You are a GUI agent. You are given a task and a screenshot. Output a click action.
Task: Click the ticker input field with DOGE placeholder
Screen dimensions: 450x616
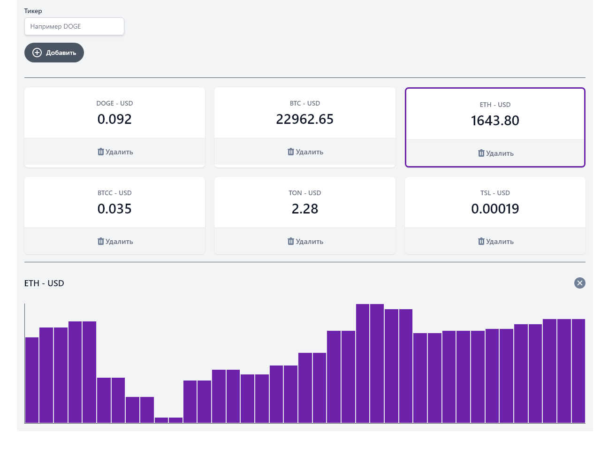74,26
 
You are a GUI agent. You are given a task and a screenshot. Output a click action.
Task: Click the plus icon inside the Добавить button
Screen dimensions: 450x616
37,53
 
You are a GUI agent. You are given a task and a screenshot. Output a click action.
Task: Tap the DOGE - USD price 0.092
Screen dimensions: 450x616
114,119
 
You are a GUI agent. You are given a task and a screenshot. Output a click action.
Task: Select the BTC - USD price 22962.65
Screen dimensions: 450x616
304,119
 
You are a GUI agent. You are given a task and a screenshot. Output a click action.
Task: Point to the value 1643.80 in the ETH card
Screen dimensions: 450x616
495,121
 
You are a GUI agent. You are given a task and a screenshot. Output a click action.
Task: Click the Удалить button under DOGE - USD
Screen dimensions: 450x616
115,152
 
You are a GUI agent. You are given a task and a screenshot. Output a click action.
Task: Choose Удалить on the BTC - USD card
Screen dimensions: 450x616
305,152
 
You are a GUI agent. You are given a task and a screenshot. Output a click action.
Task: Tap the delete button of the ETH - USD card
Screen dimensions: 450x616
495,153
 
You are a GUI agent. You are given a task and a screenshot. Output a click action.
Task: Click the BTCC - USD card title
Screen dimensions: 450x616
114,193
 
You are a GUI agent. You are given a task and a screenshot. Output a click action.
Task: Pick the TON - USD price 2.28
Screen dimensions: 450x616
304,209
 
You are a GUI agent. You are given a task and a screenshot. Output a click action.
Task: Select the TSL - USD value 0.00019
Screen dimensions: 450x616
495,209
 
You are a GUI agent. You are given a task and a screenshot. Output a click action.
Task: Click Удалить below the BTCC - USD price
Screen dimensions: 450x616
115,242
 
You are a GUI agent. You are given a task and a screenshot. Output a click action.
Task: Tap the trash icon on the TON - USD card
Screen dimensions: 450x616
291,241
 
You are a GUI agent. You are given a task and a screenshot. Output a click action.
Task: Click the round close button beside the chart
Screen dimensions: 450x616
579,283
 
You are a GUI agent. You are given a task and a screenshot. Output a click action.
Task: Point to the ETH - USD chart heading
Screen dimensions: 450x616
44,283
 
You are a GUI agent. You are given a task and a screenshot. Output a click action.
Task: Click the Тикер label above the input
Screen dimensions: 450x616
33,11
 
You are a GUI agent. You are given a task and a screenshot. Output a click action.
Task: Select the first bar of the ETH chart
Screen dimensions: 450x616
32,380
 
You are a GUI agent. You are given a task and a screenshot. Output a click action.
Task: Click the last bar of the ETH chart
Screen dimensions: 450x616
578,371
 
